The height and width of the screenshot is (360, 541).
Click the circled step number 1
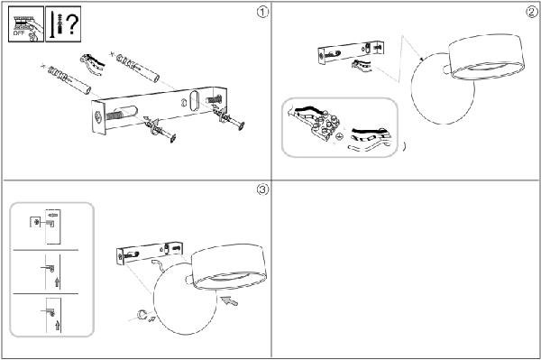(x=262, y=13)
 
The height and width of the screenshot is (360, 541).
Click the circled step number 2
(x=532, y=13)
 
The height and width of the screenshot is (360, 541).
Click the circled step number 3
(x=262, y=189)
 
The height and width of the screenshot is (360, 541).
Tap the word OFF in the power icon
(x=19, y=33)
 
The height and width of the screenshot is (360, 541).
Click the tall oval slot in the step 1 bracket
(x=194, y=101)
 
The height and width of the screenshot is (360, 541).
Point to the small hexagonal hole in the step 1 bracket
(x=184, y=103)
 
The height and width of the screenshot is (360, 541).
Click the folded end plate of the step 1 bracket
(x=98, y=117)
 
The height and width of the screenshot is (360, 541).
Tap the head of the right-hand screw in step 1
(x=241, y=125)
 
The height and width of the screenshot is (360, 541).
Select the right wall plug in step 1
(x=138, y=68)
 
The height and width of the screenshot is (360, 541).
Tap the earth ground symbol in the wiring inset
(x=340, y=136)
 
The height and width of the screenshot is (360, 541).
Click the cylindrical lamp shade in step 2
(x=487, y=57)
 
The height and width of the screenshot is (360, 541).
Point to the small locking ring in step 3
(x=142, y=315)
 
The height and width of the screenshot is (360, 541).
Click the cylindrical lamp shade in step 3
(x=229, y=266)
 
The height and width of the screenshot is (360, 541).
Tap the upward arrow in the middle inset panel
(x=57, y=282)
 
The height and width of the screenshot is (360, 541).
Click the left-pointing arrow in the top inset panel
(x=53, y=216)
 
